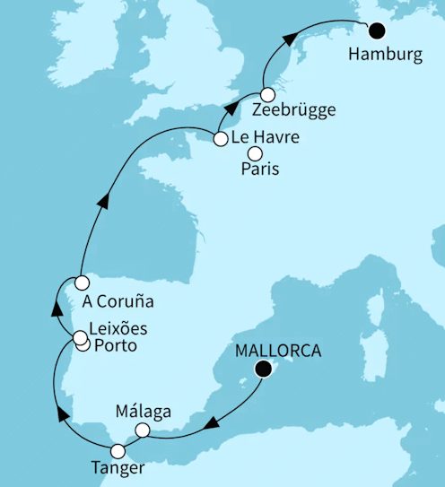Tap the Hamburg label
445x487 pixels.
pyautogui.click(x=388, y=55)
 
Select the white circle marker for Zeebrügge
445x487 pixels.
pyautogui.click(x=267, y=94)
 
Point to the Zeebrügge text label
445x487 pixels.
pyautogui.click(x=294, y=110)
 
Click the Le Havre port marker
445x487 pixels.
pyautogui.click(x=220, y=138)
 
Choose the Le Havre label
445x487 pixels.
pyautogui.click(x=265, y=138)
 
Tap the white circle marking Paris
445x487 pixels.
pyautogui.click(x=255, y=153)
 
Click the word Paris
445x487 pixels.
pyautogui.click(x=261, y=170)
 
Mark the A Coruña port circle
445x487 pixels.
pyautogui.click(x=82, y=283)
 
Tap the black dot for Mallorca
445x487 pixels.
pyautogui.click(x=263, y=368)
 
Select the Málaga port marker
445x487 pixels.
pyautogui.click(x=142, y=431)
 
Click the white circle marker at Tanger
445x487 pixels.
pyautogui.click(x=118, y=450)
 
